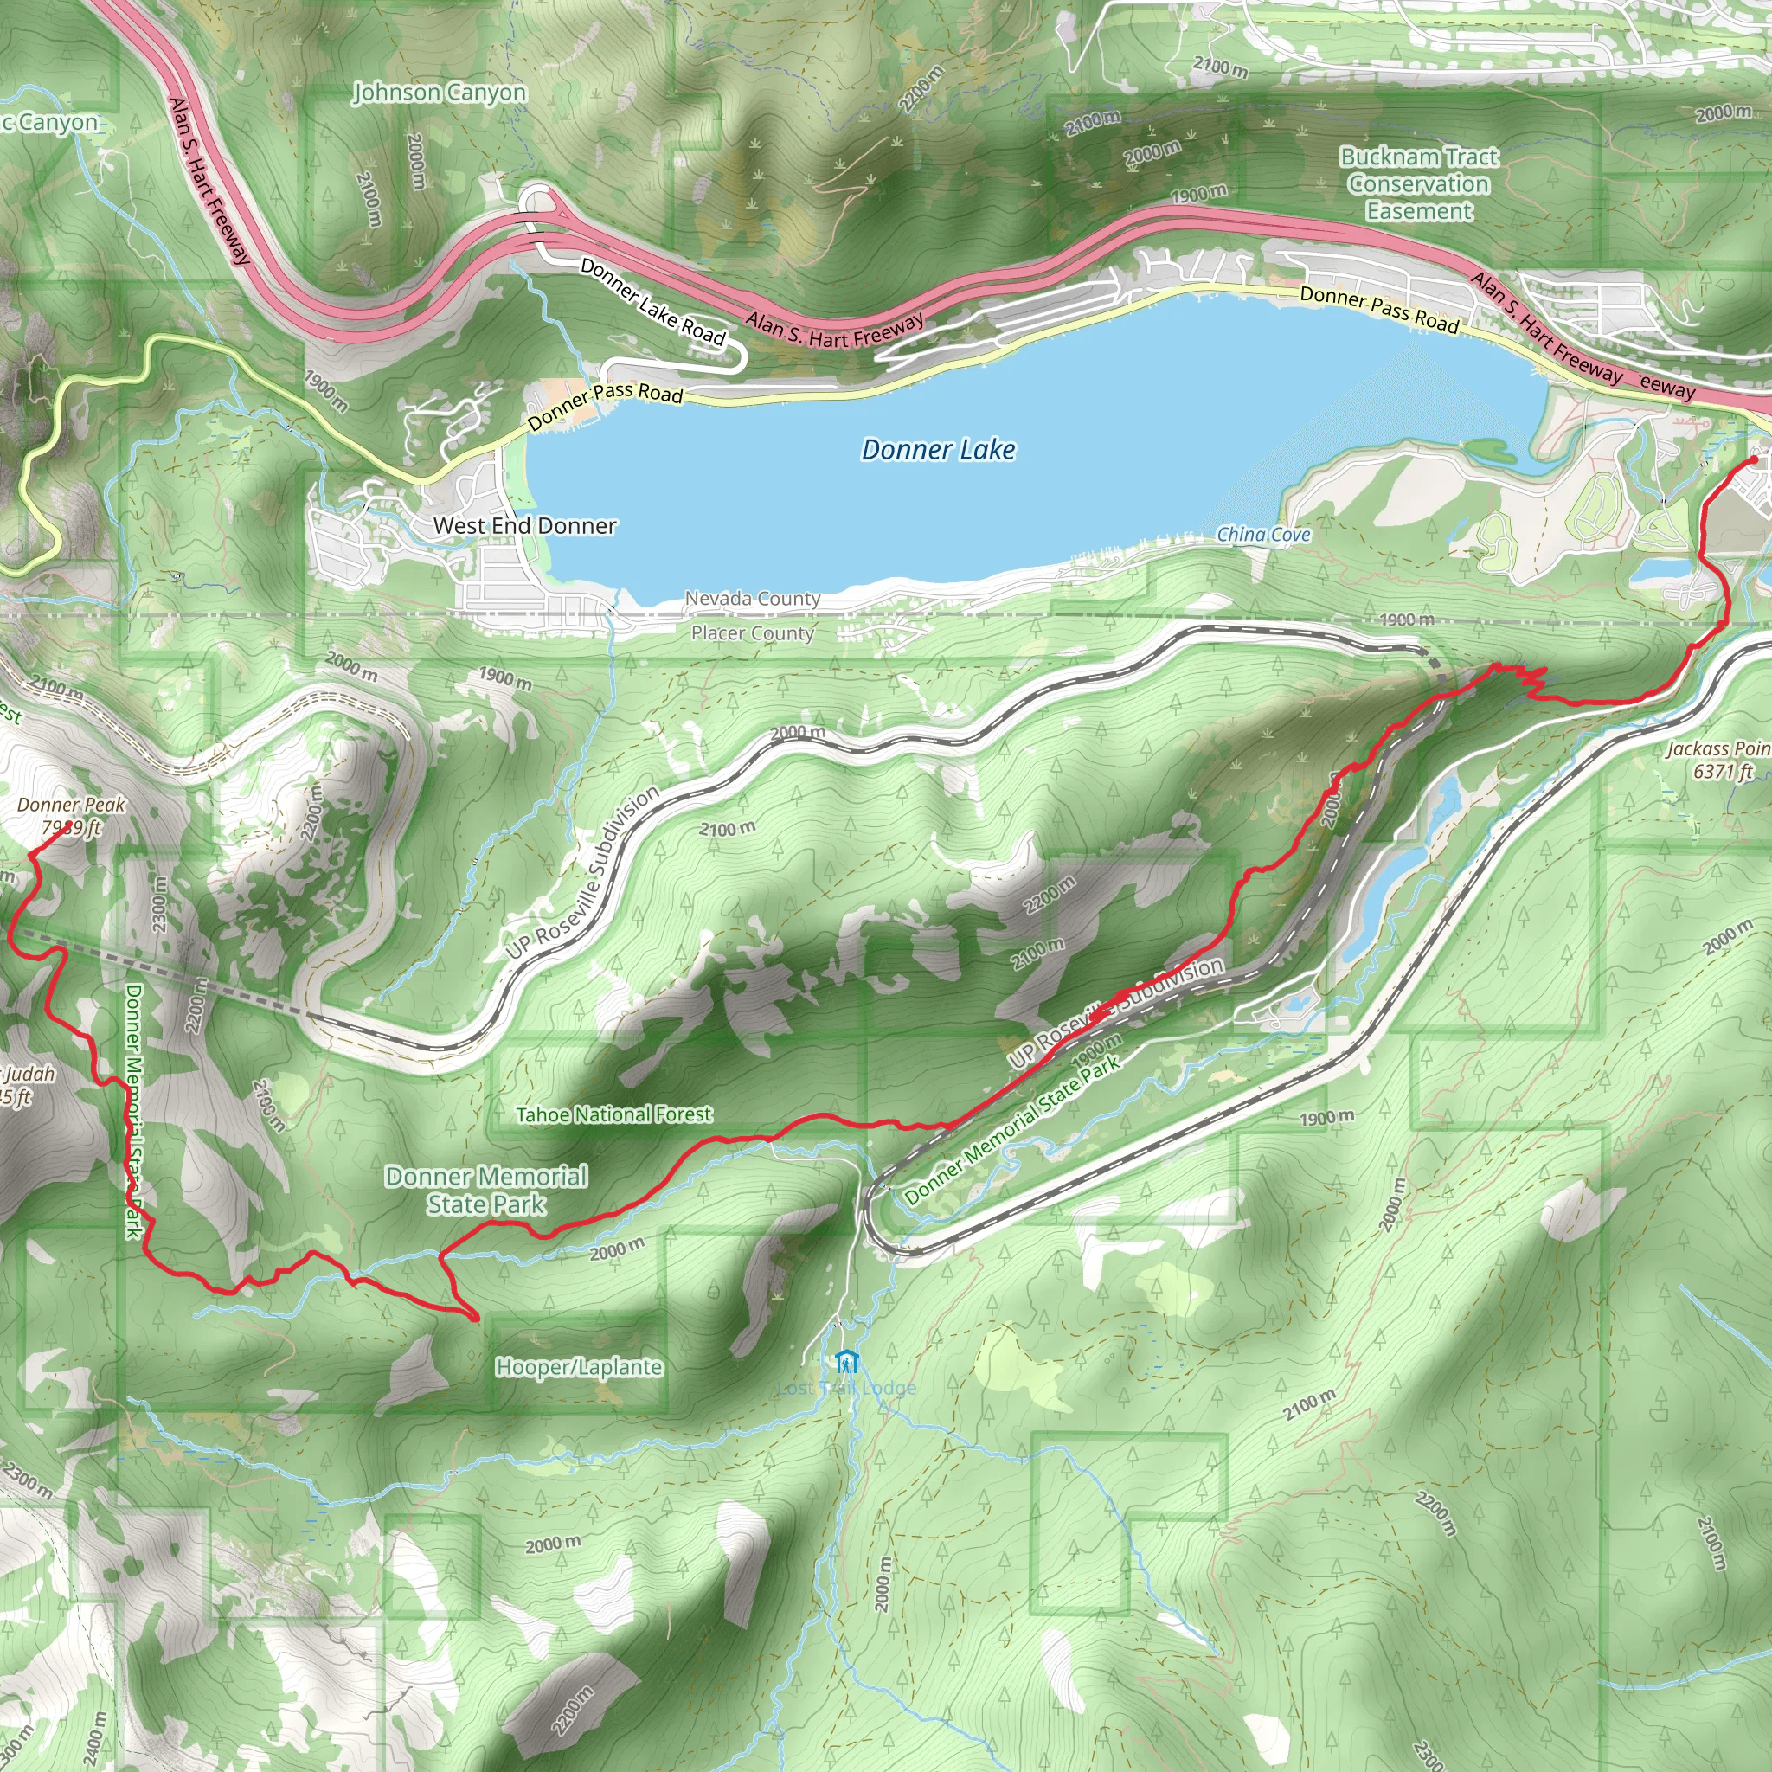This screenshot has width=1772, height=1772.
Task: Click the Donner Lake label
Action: tap(938, 449)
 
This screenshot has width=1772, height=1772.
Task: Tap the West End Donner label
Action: tap(524, 525)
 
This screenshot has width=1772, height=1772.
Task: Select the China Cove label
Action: tap(1263, 535)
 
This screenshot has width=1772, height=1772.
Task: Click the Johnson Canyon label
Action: tap(440, 93)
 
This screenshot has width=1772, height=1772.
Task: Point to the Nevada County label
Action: tap(752, 599)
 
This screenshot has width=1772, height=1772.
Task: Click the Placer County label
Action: tap(752, 632)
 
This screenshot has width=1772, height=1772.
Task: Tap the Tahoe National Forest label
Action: tap(613, 1114)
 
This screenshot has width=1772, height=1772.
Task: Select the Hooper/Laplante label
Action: tap(579, 1366)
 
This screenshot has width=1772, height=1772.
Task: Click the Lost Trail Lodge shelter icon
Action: tap(846, 1361)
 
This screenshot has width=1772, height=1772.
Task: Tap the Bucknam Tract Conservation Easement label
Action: tap(1419, 183)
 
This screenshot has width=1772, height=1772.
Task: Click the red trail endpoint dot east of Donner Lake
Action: tap(1755, 459)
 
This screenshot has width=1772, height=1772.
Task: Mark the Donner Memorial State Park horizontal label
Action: tap(486, 1190)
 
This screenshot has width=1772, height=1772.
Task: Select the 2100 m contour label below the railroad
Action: tap(728, 829)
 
